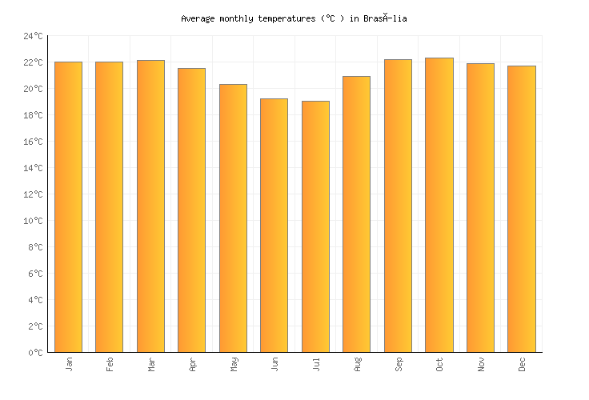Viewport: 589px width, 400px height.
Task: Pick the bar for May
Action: tap(233, 218)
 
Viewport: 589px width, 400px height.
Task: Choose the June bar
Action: tap(274, 225)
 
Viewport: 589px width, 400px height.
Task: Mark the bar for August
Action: tap(356, 214)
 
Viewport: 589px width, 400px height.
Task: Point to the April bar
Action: tap(191, 210)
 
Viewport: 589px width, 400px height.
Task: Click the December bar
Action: tap(522, 209)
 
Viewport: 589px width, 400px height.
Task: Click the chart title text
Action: tap(294, 18)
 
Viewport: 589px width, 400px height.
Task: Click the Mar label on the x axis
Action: tap(151, 364)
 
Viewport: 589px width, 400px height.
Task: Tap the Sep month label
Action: tap(399, 364)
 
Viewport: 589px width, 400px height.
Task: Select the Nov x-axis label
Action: tap(481, 364)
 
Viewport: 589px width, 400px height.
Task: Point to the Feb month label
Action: tap(110, 364)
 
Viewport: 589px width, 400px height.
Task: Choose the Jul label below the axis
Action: tap(316, 364)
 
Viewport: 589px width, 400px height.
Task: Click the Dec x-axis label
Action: tap(522, 364)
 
